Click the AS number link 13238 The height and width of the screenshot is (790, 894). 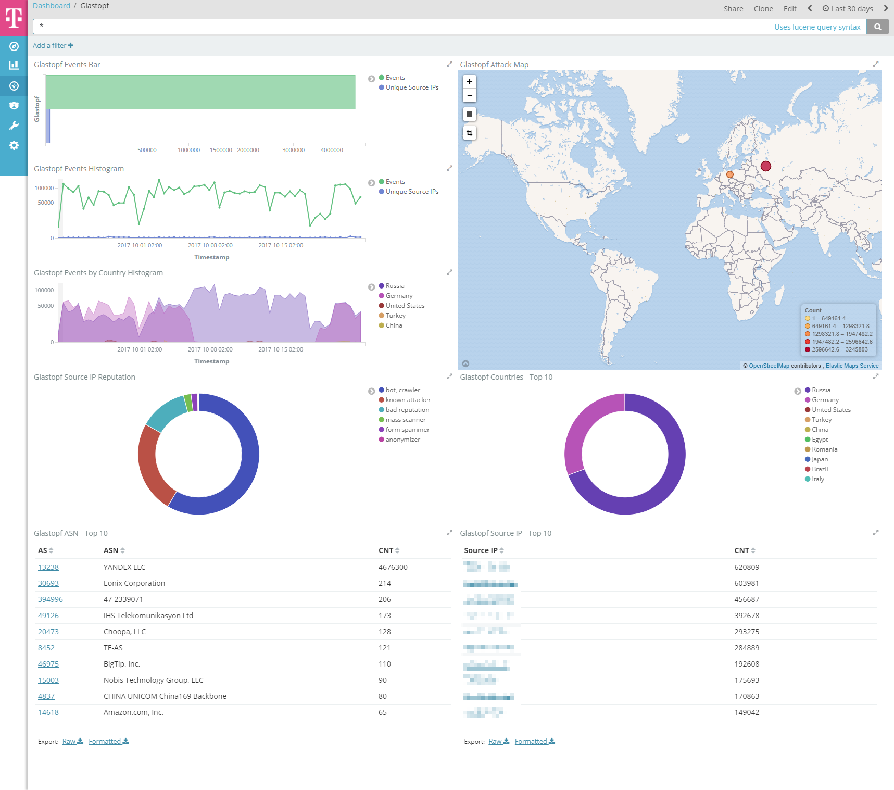[x=48, y=567]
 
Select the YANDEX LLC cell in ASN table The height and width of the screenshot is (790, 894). [x=124, y=567]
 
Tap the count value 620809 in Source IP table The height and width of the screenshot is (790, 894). [x=747, y=567]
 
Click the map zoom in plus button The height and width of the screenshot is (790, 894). [x=469, y=82]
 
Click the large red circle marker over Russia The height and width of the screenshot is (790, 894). [x=765, y=166]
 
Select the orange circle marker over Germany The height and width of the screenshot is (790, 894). [x=729, y=174]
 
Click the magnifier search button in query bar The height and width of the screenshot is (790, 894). [x=877, y=27]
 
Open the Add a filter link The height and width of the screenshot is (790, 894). [x=53, y=46]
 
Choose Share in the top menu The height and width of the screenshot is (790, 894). [x=733, y=9]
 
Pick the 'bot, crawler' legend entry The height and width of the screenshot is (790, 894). [x=402, y=390]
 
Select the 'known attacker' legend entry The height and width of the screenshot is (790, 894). [x=408, y=400]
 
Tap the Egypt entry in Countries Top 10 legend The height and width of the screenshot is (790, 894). [x=820, y=440]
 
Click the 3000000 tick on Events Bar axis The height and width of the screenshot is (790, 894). [x=293, y=150]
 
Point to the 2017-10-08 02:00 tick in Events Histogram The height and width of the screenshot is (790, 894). [x=210, y=245]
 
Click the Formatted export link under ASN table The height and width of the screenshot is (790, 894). [x=108, y=742]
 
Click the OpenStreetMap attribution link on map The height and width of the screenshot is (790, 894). [x=769, y=366]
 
